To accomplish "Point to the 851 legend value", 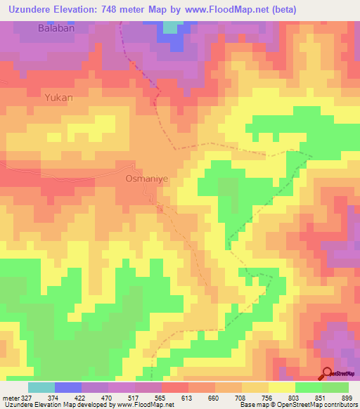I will point(321,398).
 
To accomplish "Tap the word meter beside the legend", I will point(10,398).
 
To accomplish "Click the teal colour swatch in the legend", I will point(41,387).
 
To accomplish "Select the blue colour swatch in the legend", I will point(67,387).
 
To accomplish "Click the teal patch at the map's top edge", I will point(171,27).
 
